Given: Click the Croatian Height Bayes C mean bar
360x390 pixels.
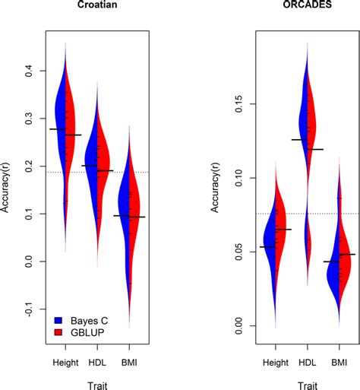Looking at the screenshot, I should click(57, 129).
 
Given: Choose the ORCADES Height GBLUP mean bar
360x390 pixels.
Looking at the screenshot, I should click(283, 229).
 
